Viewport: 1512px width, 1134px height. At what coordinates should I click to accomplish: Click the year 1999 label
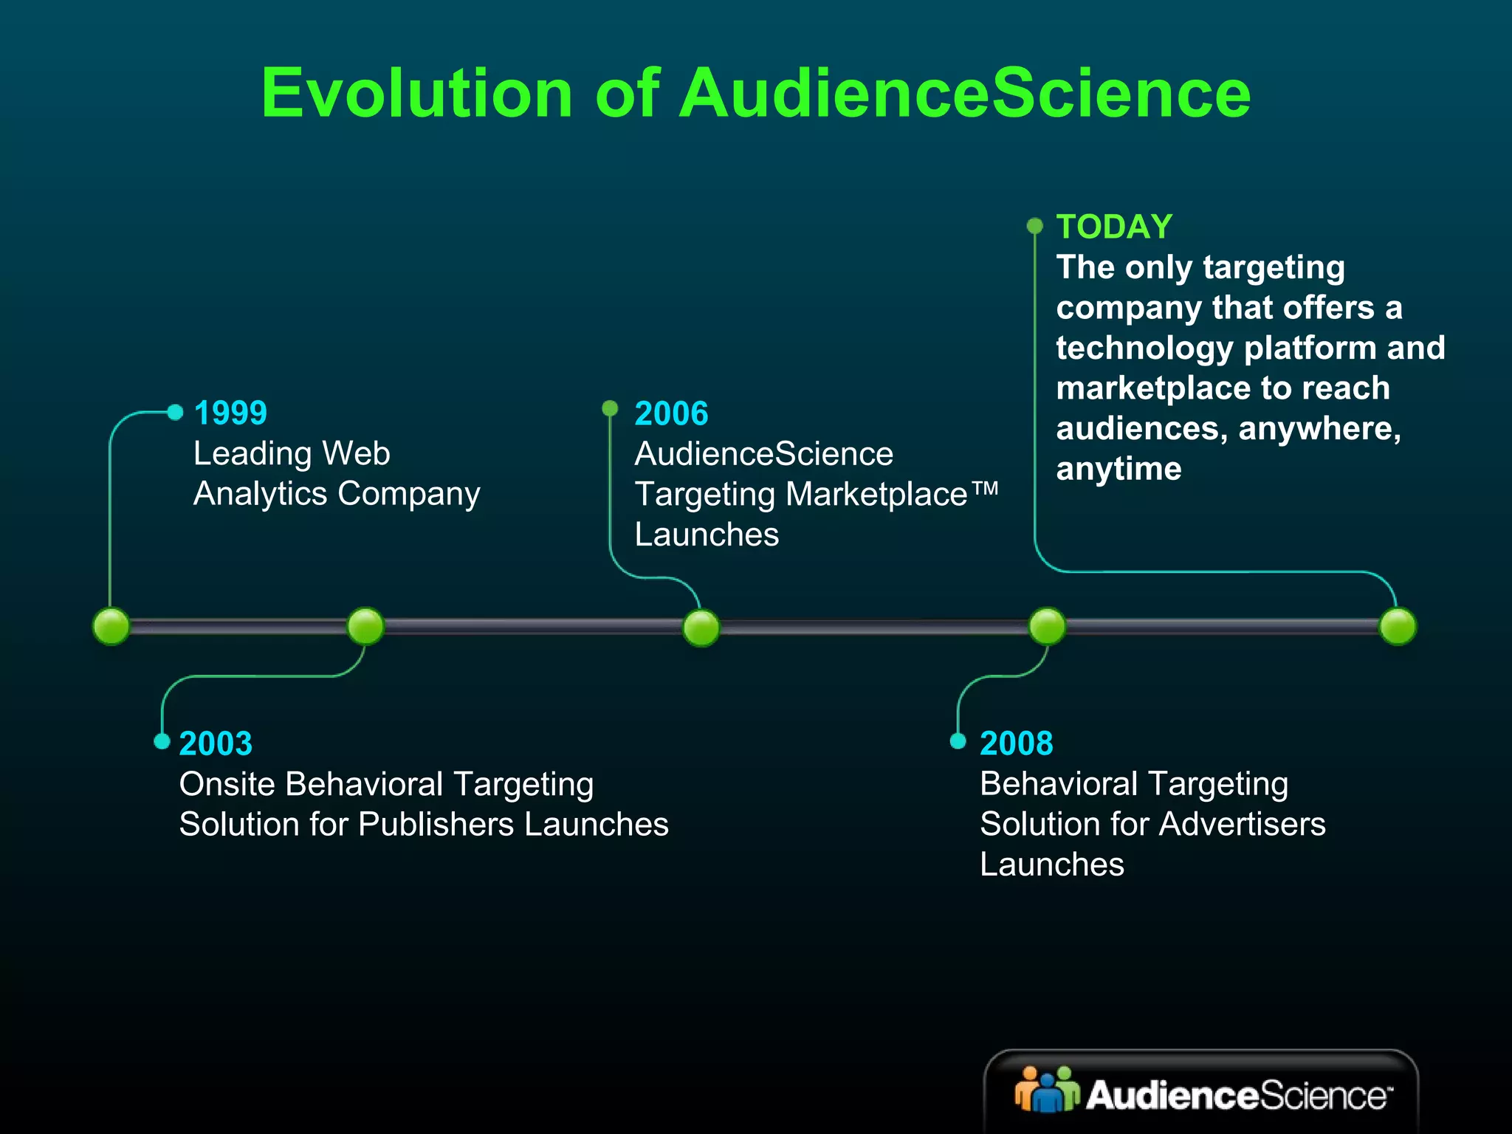tap(230, 413)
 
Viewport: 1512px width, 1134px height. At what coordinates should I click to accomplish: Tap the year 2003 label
tap(216, 743)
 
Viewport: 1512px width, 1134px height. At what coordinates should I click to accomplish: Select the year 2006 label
tap(671, 413)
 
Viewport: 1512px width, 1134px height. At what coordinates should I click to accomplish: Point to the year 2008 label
tap(1016, 743)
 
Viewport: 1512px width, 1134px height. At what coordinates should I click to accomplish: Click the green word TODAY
tap(1114, 227)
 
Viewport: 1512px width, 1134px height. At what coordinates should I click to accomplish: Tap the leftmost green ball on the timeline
tap(111, 627)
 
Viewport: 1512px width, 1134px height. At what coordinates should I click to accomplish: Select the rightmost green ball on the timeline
tap(1398, 627)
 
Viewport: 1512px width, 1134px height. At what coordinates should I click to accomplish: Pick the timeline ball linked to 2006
tap(701, 628)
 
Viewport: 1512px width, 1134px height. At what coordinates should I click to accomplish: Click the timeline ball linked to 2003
tap(365, 627)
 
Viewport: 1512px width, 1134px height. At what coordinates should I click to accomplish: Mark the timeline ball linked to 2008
tap(1047, 627)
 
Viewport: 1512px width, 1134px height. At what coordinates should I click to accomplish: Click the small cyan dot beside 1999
tap(175, 412)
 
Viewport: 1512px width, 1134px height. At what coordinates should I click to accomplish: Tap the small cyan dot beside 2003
tap(162, 741)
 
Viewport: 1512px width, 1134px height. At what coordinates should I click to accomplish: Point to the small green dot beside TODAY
tap(1035, 225)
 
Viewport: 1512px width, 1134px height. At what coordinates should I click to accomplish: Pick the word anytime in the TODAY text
tap(1118, 470)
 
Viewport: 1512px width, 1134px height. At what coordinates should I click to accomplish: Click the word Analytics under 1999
tap(259, 494)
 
